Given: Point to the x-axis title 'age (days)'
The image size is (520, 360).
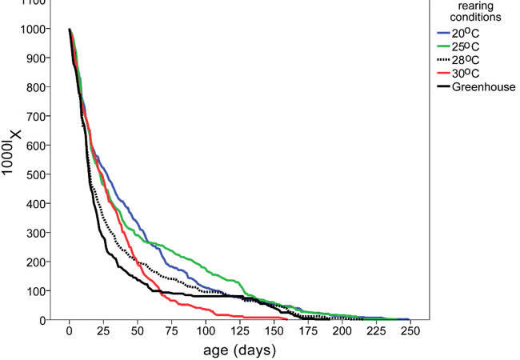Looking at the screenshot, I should pyautogui.click(x=240, y=350).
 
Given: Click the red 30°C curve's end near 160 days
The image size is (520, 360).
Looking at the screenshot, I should pyautogui.click(x=287, y=319).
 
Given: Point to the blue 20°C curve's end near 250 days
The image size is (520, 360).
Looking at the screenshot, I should pyautogui.click(x=409, y=319).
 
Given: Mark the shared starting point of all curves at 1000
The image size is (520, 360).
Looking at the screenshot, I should pyautogui.click(x=70, y=30).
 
